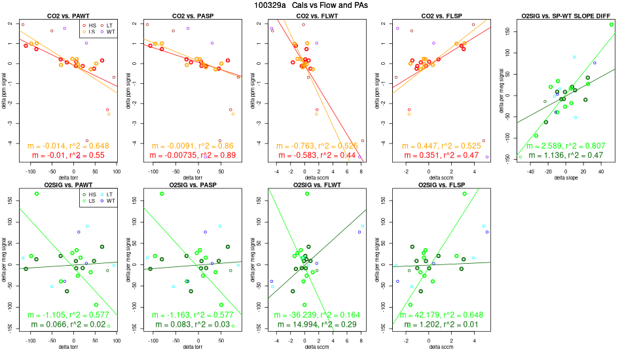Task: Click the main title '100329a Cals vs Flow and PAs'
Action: pyautogui.click(x=310, y=5)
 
